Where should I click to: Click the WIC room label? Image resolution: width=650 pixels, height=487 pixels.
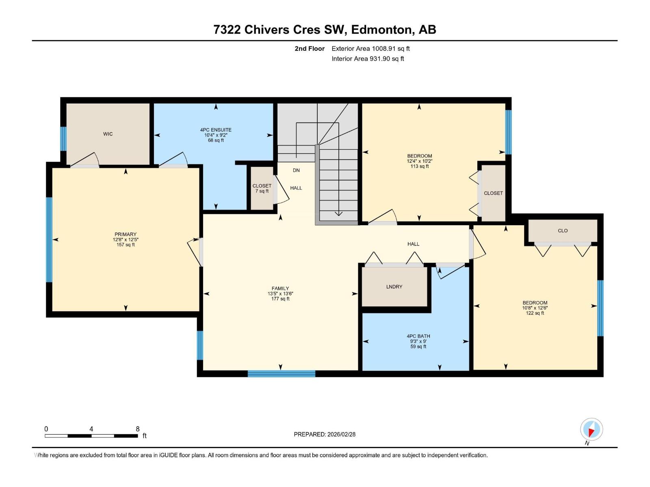click(x=108, y=134)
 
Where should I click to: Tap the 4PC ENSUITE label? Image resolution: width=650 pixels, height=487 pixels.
click(x=216, y=130)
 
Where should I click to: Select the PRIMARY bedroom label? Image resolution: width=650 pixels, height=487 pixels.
click(x=126, y=234)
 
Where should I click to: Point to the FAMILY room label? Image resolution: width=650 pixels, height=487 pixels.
click(x=280, y=288)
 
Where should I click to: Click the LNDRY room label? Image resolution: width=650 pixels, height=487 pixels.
click(x=394, y=287)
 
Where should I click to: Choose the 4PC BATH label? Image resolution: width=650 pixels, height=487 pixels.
click(x=418, y=336)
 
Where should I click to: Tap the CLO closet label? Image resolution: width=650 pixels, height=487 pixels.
click(x=563, y=231)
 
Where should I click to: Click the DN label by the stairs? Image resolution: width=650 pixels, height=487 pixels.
click(x=296, y=170)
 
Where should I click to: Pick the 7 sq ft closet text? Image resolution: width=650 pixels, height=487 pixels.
click(x=262, y=191)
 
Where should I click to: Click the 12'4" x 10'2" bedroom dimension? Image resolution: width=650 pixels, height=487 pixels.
click(x=419, y=161)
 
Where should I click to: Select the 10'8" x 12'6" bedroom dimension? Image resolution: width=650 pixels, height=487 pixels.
click(x=535, y=308)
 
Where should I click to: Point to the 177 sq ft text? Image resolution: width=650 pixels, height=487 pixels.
click(x=280, y=299)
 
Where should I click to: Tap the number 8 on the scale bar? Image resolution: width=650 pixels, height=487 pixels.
click(x=137, y=429)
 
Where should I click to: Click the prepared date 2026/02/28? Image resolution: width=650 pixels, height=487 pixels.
click(x=341, y=434)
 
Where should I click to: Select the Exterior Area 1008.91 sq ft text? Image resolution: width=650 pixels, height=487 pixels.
click(x=370, y=48)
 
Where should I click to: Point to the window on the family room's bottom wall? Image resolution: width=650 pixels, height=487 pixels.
click(x=281, y=374)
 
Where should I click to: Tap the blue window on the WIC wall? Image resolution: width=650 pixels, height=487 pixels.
click(x=63, y=139)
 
